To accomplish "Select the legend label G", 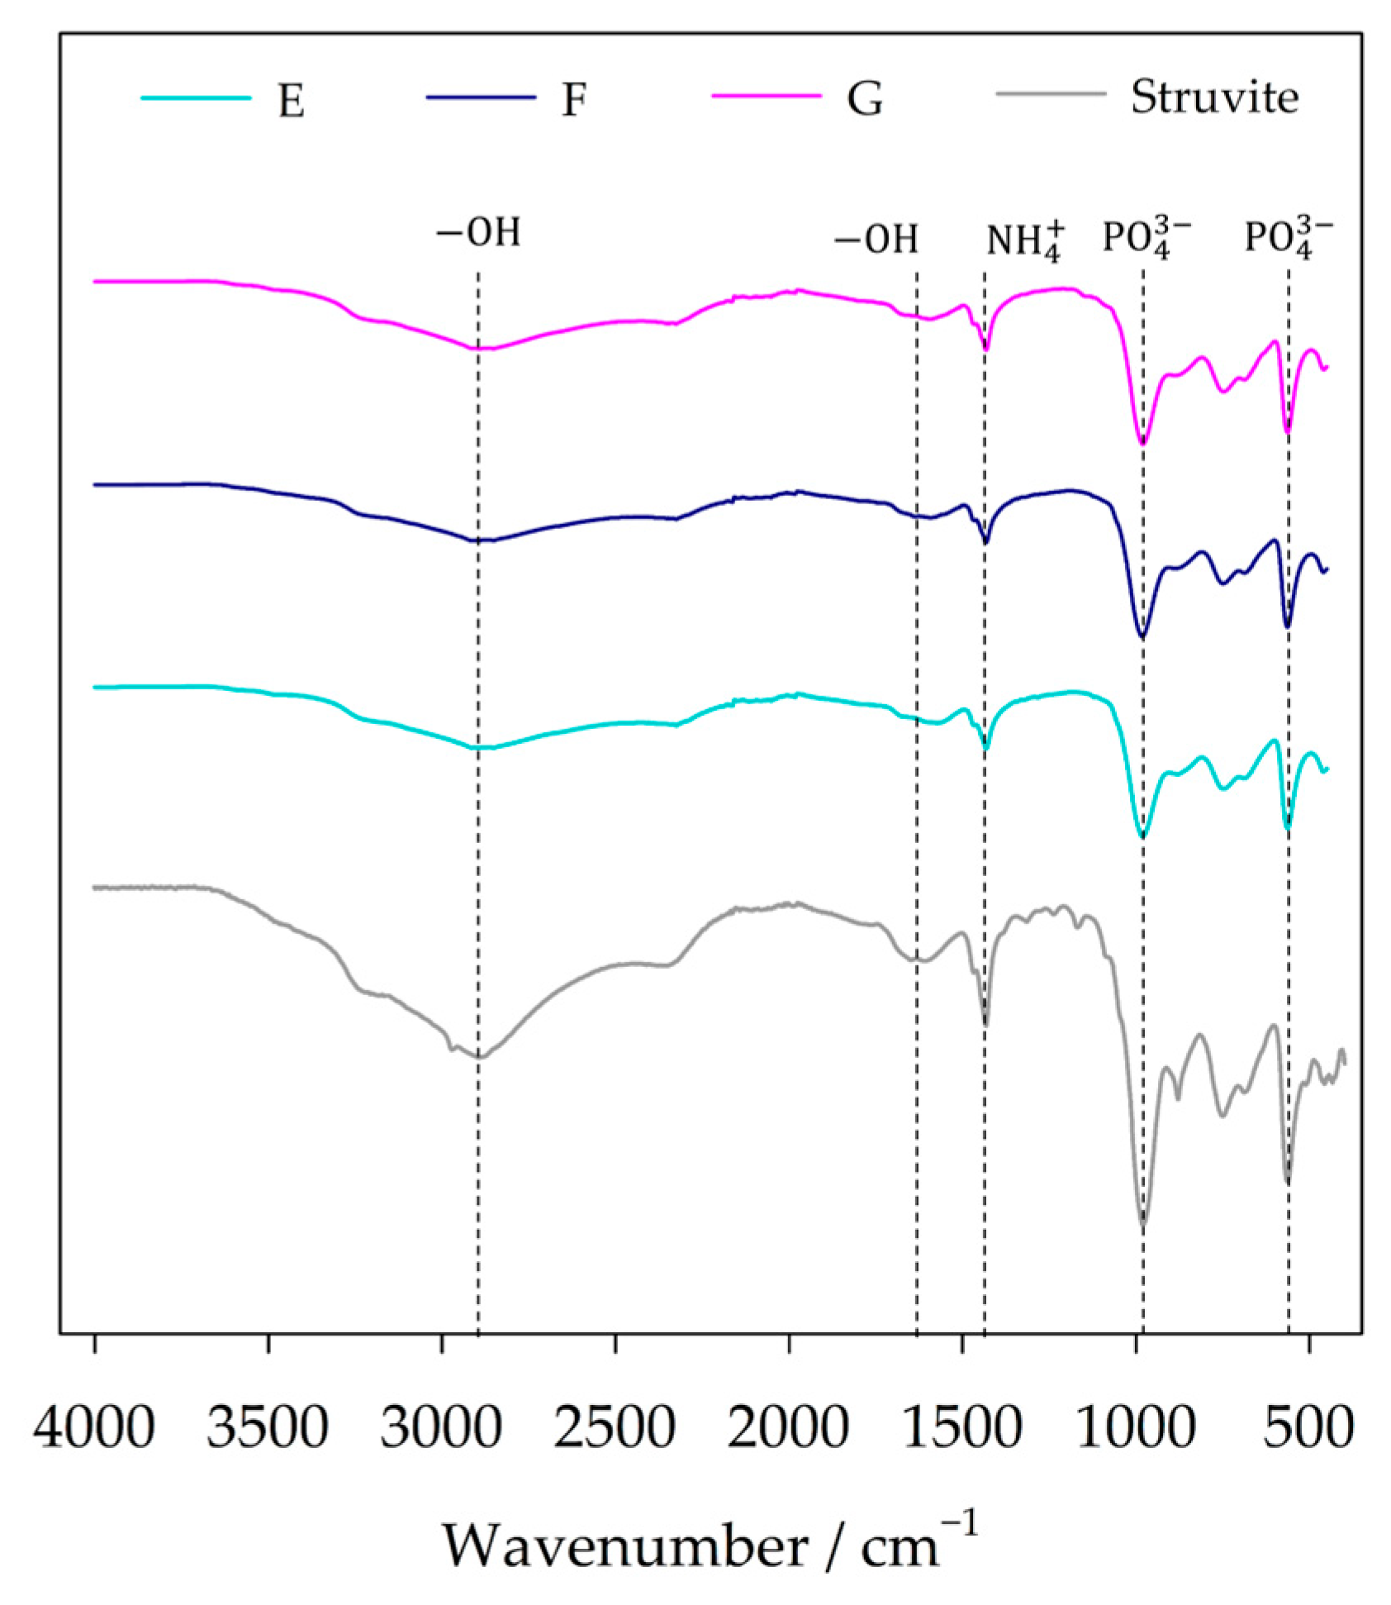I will tap(864, 100).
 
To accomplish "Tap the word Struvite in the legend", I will tap(1214, 98).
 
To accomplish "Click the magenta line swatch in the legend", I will tap(767, 98).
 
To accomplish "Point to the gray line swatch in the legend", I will tap(1052, 98).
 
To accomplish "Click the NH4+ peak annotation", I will tap(1023, 242).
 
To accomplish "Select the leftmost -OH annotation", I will tap(478, 234).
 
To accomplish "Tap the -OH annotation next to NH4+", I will tap(876, 240).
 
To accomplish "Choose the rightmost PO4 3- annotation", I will tap(1288, 241).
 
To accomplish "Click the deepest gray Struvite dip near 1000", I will tap(1143, 1224).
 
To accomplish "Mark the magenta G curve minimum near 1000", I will tap(1142, 443).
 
